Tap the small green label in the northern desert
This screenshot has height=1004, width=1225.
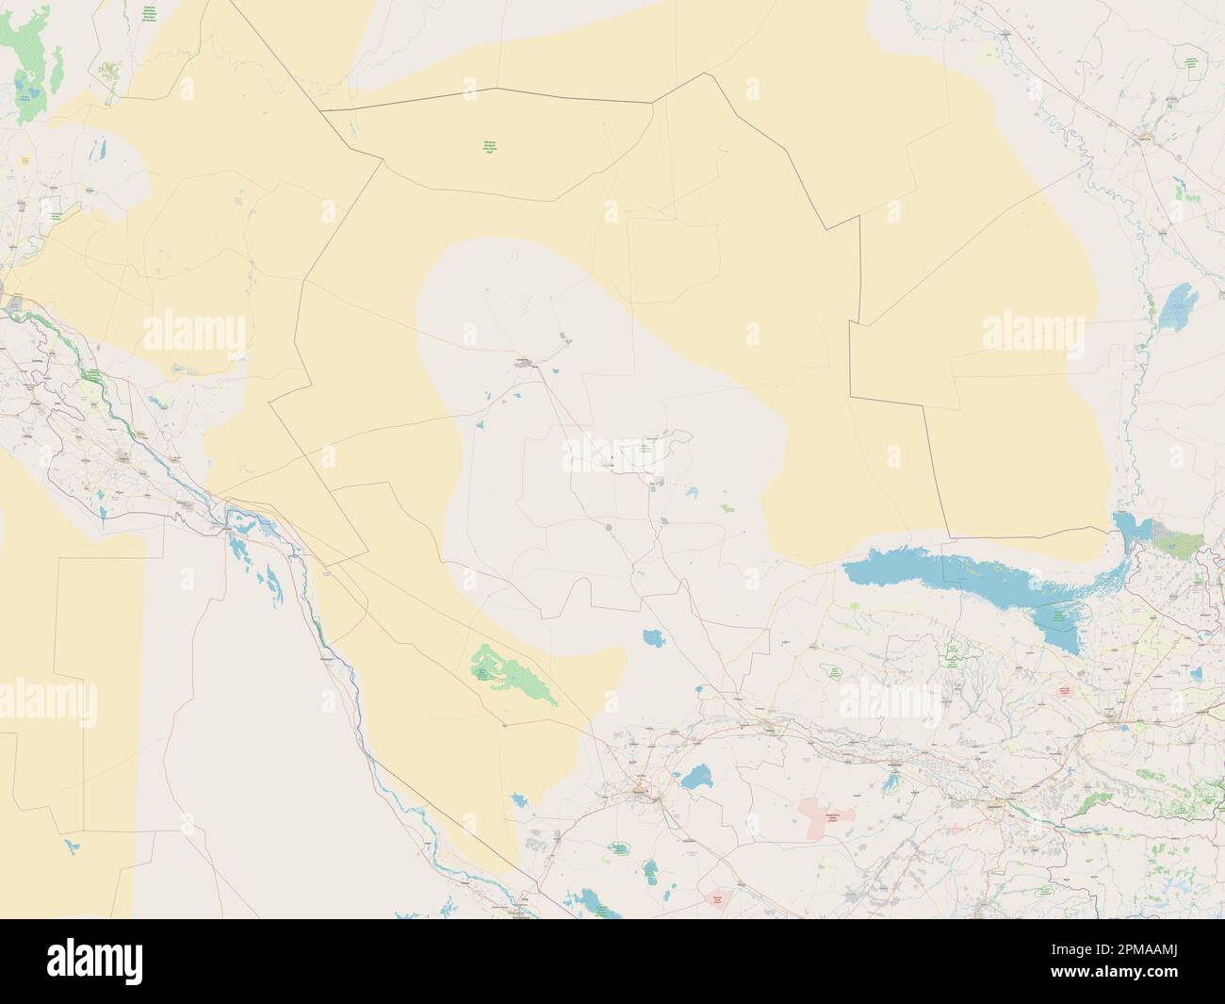pos(489,147)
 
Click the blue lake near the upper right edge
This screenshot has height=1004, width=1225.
pos(1178,304)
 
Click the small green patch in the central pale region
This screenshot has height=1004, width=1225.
pos(727,508)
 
